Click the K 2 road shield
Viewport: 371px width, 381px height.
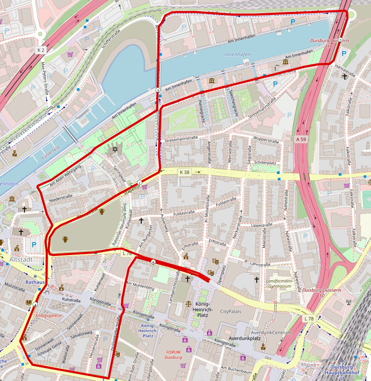41,50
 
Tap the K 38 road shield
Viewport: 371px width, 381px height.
184,172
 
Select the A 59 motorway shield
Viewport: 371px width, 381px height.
301,139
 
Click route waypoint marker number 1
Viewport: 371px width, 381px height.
140,183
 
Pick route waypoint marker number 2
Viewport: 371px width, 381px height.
341,40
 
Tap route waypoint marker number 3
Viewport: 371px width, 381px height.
158,90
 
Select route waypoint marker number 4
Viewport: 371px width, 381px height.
35,304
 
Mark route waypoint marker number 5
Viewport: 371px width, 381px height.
153,262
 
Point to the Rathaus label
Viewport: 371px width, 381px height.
35,282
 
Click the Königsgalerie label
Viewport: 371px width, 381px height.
49,315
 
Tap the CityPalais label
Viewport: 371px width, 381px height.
231,311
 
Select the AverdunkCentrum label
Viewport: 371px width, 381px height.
271,333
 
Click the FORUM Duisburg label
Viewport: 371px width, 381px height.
174,354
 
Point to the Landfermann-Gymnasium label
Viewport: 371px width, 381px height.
282,284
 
